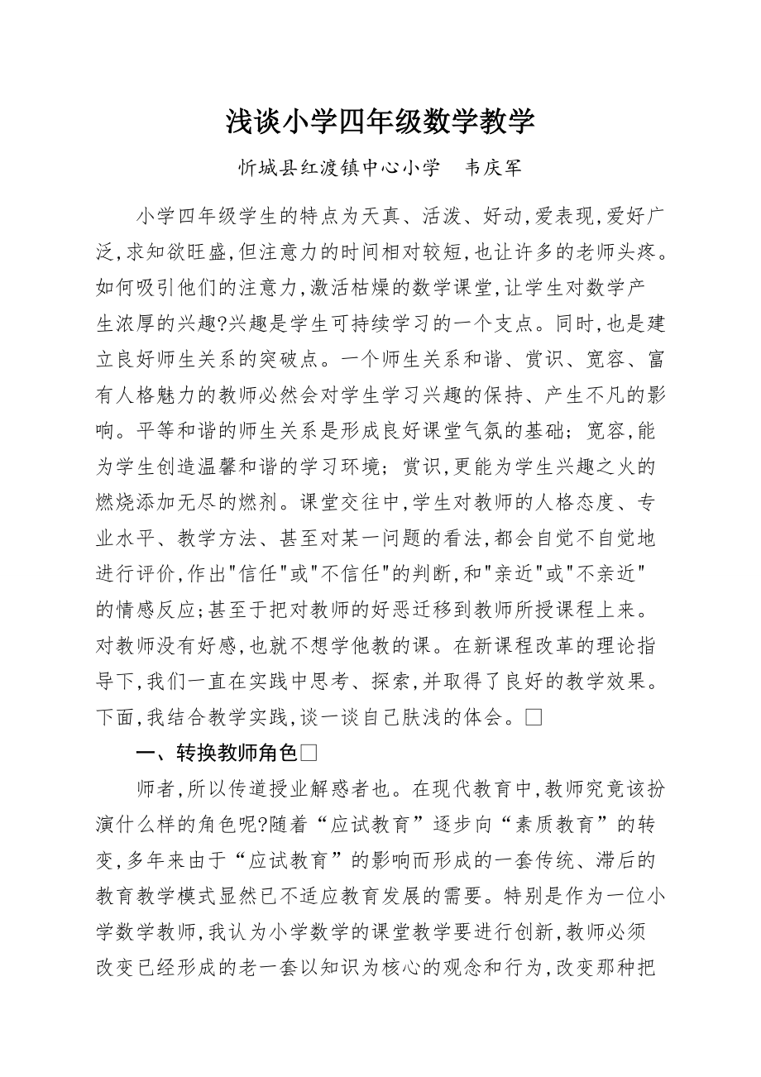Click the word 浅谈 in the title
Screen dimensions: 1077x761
[x=254, y=122]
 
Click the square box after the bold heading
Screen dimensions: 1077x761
[x=309, y=753]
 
